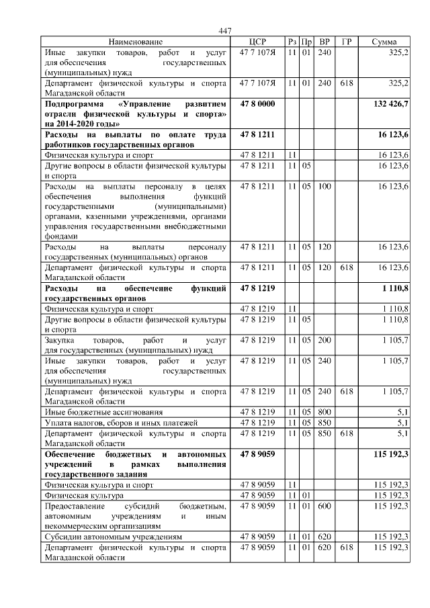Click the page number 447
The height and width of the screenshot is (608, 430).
pyautogui.click(x=225, y=30)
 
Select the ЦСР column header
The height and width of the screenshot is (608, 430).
pyautogui.click(x=258, y=42)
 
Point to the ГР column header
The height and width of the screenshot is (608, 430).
pyautogui.click(x=347, y=42)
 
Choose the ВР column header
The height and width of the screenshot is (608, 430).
pyautogui.click(x=325, y=42)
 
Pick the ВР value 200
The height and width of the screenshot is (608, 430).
pyautogui.click(x=325, y=341)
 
